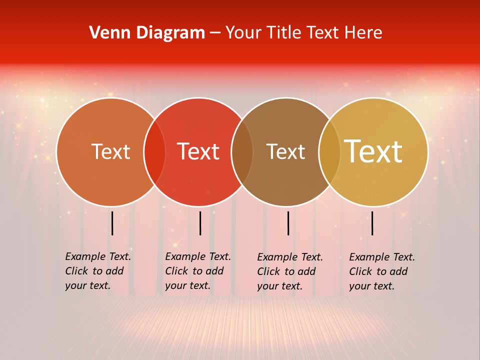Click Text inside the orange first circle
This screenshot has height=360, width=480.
tap(110, 151)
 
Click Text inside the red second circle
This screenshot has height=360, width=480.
tap(198, 151)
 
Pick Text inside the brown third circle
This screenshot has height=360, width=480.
tap(285, 151)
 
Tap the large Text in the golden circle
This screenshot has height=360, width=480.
tap(373, 151)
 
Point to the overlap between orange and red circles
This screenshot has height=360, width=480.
tap(154, 152)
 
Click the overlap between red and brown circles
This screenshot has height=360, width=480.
tap(242, 152)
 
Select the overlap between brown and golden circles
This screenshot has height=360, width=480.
tap(329, 152)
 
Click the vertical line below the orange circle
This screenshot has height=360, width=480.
tap(112, 223)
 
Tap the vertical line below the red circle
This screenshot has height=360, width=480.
tap(200, 223)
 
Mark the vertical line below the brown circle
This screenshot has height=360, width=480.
tap(288, 223)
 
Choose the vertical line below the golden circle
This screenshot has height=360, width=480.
tap(372, 223)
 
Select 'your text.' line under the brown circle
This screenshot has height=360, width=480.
tap(279, 286)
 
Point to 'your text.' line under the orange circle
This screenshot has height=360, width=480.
tap(87, 286)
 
